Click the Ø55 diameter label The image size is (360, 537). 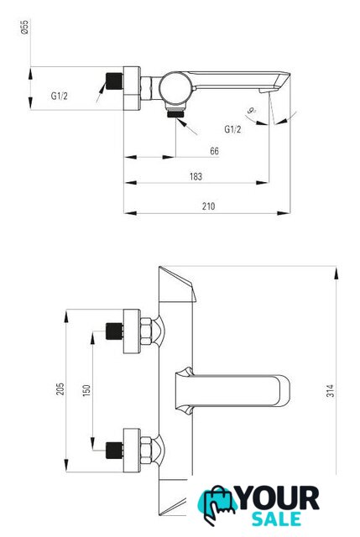[24, 27]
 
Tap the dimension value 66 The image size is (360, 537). [215, 151]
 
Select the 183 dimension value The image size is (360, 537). [196, 177]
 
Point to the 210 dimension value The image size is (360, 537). [209, 206]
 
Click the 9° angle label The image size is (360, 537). [252, 111]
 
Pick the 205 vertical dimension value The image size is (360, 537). [60, 389]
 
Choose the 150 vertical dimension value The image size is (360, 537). [86, 391]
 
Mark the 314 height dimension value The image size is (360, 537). [330, 391]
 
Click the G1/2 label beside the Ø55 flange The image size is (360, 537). [60, 96]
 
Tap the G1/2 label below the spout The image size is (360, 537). [232, 129]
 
